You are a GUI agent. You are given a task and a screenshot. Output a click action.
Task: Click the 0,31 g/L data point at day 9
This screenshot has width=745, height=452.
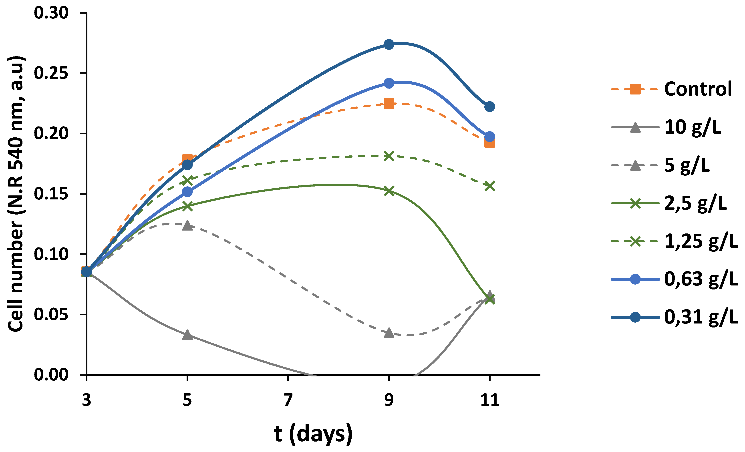coord(389,44)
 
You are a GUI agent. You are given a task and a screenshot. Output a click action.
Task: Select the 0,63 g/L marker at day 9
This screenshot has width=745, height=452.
coord(389,83)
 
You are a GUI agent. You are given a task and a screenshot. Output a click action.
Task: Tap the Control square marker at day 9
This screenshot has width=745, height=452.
coord(389,104)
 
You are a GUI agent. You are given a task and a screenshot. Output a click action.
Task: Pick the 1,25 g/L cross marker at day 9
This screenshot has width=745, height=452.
coord(389,156)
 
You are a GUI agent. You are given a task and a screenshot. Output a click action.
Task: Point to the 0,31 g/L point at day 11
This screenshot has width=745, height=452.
coord(489,106)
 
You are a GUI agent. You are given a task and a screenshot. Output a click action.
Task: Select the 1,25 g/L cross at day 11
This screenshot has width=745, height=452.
coord(489,186)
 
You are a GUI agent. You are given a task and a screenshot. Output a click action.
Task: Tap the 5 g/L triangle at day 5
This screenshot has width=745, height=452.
coord(187,225)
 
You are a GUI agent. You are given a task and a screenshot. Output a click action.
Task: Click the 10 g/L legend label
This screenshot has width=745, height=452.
coord(692,127)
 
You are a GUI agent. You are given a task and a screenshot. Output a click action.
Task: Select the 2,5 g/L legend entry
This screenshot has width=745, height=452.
coord(695,203)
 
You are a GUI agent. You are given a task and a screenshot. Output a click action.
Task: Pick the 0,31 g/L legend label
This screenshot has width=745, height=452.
coord(701,317)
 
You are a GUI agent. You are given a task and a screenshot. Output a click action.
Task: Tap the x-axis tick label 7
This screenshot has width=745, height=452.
coord(288,400)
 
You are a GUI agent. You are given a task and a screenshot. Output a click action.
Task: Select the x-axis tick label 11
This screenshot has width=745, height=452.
coord(489,400)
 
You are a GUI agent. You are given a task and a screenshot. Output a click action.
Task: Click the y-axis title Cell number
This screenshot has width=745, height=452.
coord(16,193)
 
